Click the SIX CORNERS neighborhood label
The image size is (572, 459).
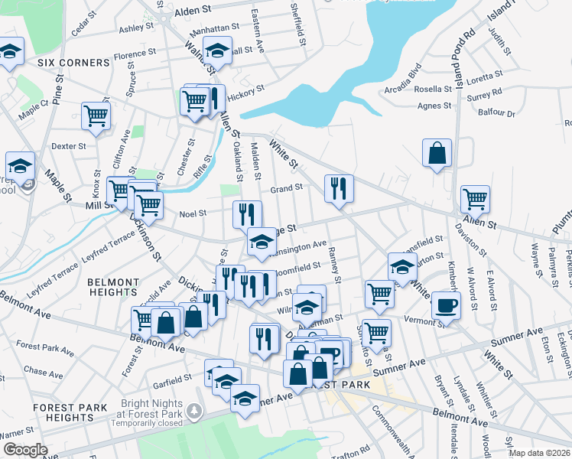(x=57, y=62)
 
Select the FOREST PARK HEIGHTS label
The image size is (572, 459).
(x=54, y=412)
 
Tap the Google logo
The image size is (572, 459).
(x=24, y=450)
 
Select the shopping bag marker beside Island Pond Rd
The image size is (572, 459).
(x=437, y=152)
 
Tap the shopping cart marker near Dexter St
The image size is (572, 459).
(x=96, y=116)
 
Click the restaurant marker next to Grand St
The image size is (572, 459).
(x=339, y=187)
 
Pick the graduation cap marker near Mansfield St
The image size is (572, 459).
(x=402, y=267)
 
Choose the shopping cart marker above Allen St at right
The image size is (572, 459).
(x=475, y=200)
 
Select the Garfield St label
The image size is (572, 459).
(x=172, y=378)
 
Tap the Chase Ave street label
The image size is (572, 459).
(x=38, y=369)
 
